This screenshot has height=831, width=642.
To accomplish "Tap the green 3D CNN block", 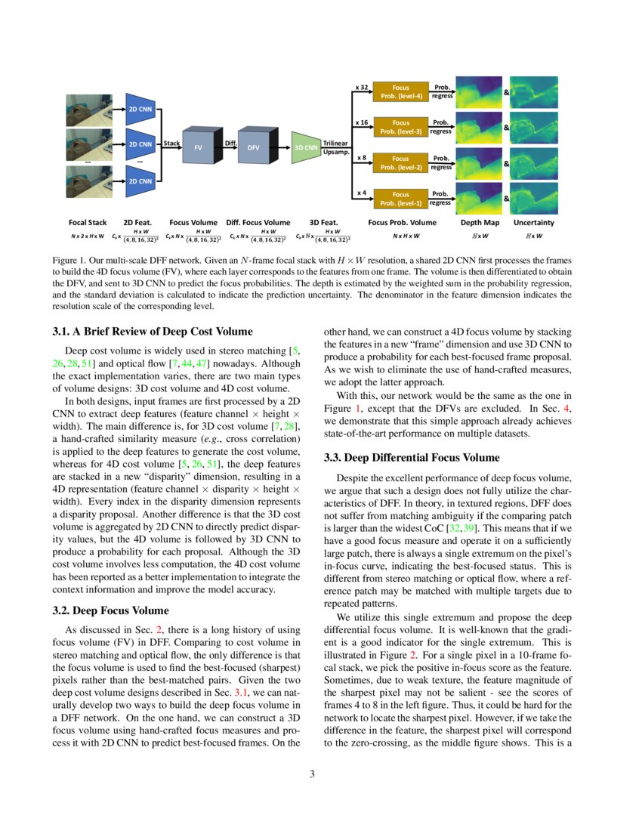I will tap(305, 148).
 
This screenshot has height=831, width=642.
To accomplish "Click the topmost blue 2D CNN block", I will tap(139, 109).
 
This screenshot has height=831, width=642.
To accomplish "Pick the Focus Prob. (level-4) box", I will tap(401, 91).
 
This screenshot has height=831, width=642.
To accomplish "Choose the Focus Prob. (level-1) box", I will tap(401, 198).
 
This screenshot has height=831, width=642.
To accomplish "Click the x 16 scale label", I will tap(362, 122).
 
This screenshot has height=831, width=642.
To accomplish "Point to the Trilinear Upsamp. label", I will tap(335, 147).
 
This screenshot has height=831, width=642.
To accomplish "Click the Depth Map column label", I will tap(480, 223).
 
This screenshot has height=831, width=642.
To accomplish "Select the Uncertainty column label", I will tap(533, 223).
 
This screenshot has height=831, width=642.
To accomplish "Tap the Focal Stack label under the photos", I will tap(88, 223).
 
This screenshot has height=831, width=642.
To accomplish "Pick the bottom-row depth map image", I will tap(480, 198).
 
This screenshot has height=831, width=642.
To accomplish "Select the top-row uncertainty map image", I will tap(533, 91).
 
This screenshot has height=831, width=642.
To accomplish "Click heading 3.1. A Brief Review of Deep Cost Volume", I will tap(153, 331).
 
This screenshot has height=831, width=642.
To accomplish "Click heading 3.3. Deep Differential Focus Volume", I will tap(412, 457).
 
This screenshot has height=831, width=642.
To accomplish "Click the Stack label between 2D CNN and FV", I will tap(171, 143).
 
